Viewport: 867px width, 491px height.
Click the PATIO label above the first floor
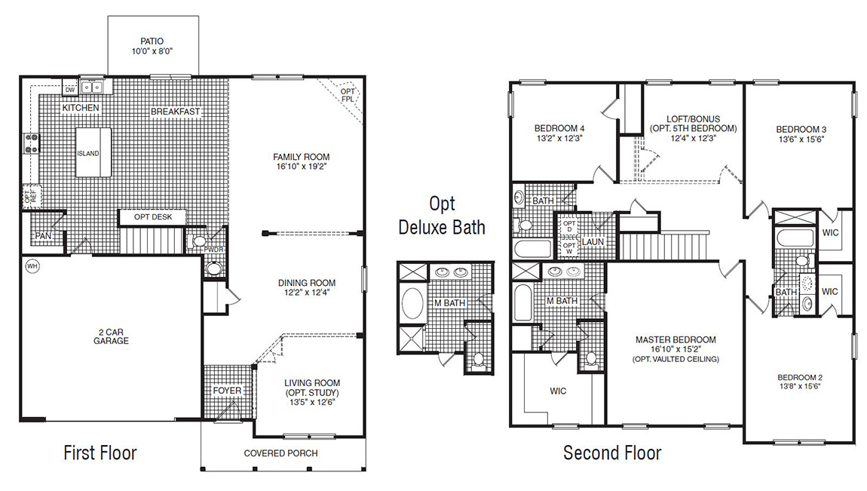coord(152,41)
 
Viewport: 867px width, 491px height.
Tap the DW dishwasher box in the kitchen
coord(70,90)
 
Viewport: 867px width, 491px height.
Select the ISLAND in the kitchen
coord(93,152)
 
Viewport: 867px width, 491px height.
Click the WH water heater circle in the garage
coord(32,265)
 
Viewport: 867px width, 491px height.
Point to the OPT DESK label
coord(153,217)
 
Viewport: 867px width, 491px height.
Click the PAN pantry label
coord(42,236)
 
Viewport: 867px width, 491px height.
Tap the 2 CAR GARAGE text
coord(111,336)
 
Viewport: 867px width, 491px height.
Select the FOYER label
coord(227,391)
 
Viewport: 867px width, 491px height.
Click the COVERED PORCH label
coord(280,453)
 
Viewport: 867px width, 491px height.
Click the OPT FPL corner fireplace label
coord(348,95)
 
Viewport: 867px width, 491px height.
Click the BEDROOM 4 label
coord(559,127)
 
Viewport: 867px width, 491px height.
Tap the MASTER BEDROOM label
coord(675,339)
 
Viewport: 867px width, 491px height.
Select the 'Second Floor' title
coord(612,453)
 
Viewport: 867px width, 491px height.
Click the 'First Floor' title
coord(100,453)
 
